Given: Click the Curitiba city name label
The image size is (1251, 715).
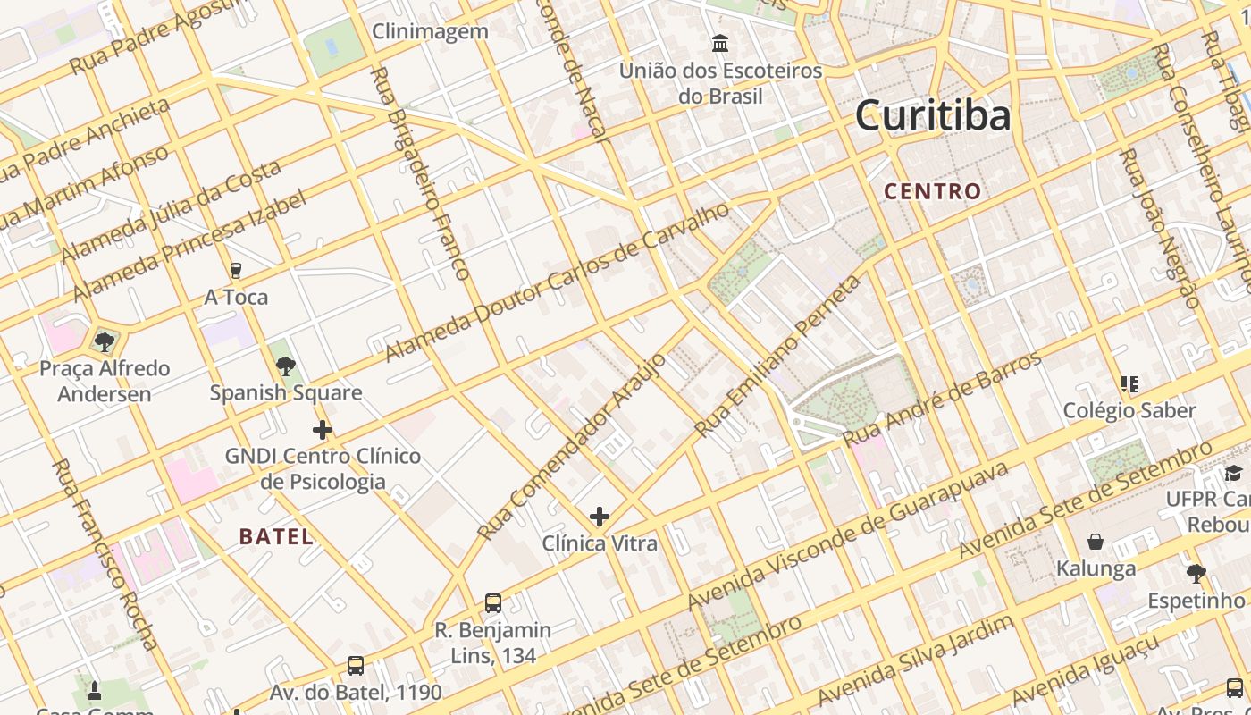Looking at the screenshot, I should [x=933, y=116].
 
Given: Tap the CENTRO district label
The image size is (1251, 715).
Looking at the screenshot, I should [x=933, y=191].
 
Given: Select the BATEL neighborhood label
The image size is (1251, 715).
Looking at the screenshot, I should [x=276, y=537].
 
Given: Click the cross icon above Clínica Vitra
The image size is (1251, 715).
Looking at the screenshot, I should [x=599, y=517].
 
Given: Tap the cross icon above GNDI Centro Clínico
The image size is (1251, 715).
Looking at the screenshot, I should [x=323, y=430].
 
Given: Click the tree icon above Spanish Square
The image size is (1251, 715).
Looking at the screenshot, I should [x=286, y=366].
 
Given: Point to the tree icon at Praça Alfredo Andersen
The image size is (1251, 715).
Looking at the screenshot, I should [x=105, y=341].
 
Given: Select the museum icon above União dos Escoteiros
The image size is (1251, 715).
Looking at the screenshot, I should [x=720, y=43].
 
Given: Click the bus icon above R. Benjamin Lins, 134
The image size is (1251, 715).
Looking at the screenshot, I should [x=492, y=603].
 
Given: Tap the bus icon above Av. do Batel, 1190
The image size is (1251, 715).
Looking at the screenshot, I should [x=356, y=666].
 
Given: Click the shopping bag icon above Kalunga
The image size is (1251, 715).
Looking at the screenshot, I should [x=1096, y=542].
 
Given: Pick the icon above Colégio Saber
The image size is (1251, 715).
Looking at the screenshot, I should [x=1129, y=384].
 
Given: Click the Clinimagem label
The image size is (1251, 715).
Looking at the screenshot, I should [x=430, y=32].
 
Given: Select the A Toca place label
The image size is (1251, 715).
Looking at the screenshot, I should [x=236, y=298].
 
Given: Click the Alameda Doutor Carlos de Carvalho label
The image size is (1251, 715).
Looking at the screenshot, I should [x=557, y=283].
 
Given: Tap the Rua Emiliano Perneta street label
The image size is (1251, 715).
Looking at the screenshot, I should [x=779, y=357].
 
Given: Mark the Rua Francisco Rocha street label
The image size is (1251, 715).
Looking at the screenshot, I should [x=105, y=554].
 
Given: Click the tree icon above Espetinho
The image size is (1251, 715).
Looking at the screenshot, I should [x=1196, y=574].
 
